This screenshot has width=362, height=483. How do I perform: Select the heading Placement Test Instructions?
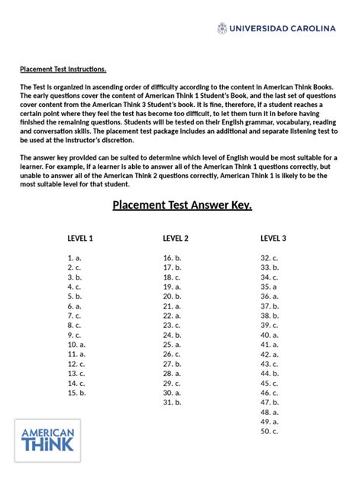tap(63, 69)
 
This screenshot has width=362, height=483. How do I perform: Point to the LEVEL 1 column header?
tap(80, 238)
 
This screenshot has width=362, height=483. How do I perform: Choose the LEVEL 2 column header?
tap(176, 238)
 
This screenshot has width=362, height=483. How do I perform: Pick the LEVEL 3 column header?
tap(273, 238)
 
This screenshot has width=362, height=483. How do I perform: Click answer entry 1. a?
tap(74, 258)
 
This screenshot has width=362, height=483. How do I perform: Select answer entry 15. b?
tap(76, 393)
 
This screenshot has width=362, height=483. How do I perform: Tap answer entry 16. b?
tap(172, 258)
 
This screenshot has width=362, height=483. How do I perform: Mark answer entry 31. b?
tap(172, 402)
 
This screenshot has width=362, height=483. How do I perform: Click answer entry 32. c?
tap(270, 258)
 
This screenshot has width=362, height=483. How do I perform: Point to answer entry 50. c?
tap(270, 431)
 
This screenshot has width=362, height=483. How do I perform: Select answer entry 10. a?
tap(76, 345)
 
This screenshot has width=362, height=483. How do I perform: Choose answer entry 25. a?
tap(172, 345)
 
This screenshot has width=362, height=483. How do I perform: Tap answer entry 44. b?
tap(270, 374)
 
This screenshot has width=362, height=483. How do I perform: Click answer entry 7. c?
tap(74, 316)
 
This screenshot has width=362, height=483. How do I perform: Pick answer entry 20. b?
tap(172, 297)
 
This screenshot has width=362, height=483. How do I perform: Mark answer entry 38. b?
tap(270, 316)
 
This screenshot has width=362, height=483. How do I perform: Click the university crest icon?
tap(222, 28)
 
